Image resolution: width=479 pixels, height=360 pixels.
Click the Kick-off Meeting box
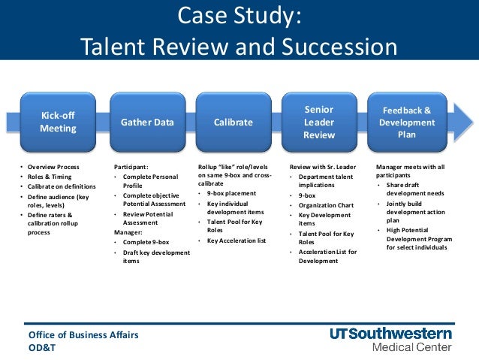58,122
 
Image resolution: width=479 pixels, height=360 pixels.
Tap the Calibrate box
233,122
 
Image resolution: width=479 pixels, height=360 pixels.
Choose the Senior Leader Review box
319,122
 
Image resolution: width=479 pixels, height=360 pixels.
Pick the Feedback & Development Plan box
406,122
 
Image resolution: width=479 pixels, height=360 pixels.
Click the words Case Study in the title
239,16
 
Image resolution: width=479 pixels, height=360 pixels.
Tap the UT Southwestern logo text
390,333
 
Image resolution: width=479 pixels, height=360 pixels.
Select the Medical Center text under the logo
412,347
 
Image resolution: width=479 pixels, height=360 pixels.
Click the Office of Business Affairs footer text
83,334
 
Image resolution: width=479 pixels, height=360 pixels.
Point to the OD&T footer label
42,347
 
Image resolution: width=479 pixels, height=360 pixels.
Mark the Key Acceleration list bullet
237,241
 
